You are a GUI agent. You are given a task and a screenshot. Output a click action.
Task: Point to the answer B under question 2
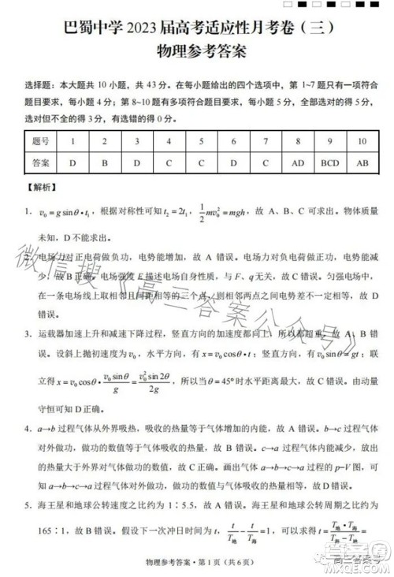pos(104,163)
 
